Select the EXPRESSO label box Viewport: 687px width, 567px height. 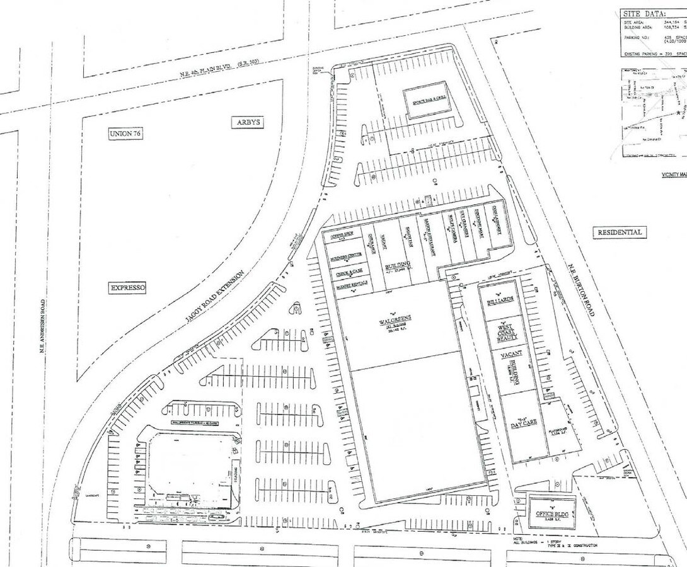(x=128, y=288)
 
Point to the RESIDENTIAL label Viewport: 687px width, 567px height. (x=620, y=232)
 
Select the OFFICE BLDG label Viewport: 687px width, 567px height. (x=553, y=514)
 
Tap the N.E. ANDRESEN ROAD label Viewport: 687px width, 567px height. (x=43, y=333)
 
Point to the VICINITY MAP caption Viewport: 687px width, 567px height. (x=674, y=175)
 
